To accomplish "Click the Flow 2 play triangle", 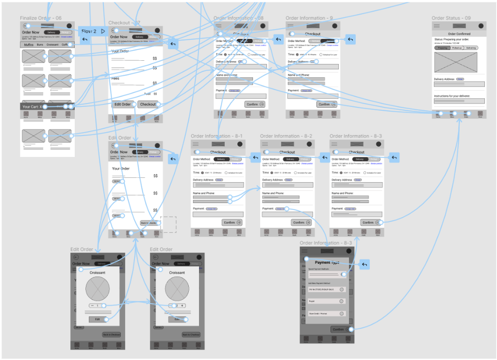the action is coord(103,31).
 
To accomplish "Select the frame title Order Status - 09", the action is coord(451,18).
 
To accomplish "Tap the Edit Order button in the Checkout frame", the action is coord(122,104).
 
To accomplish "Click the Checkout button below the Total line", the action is coord(148,104).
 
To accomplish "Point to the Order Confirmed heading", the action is coord(459,34).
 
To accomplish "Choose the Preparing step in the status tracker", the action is coord(442,48).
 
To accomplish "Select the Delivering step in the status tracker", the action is coord(471,48).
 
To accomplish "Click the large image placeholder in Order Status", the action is coord(456,62).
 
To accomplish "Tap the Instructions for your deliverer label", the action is coord(452,96).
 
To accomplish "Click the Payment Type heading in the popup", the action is coord(326,262).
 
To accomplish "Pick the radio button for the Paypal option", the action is coord(341,301).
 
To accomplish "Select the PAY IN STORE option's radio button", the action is coord(341,290).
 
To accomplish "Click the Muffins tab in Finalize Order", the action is coord(29,45).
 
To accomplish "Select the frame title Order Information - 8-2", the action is coord(286,136).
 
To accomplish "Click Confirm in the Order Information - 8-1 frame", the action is coord(232,223).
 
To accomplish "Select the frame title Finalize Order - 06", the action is coord(41,18).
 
